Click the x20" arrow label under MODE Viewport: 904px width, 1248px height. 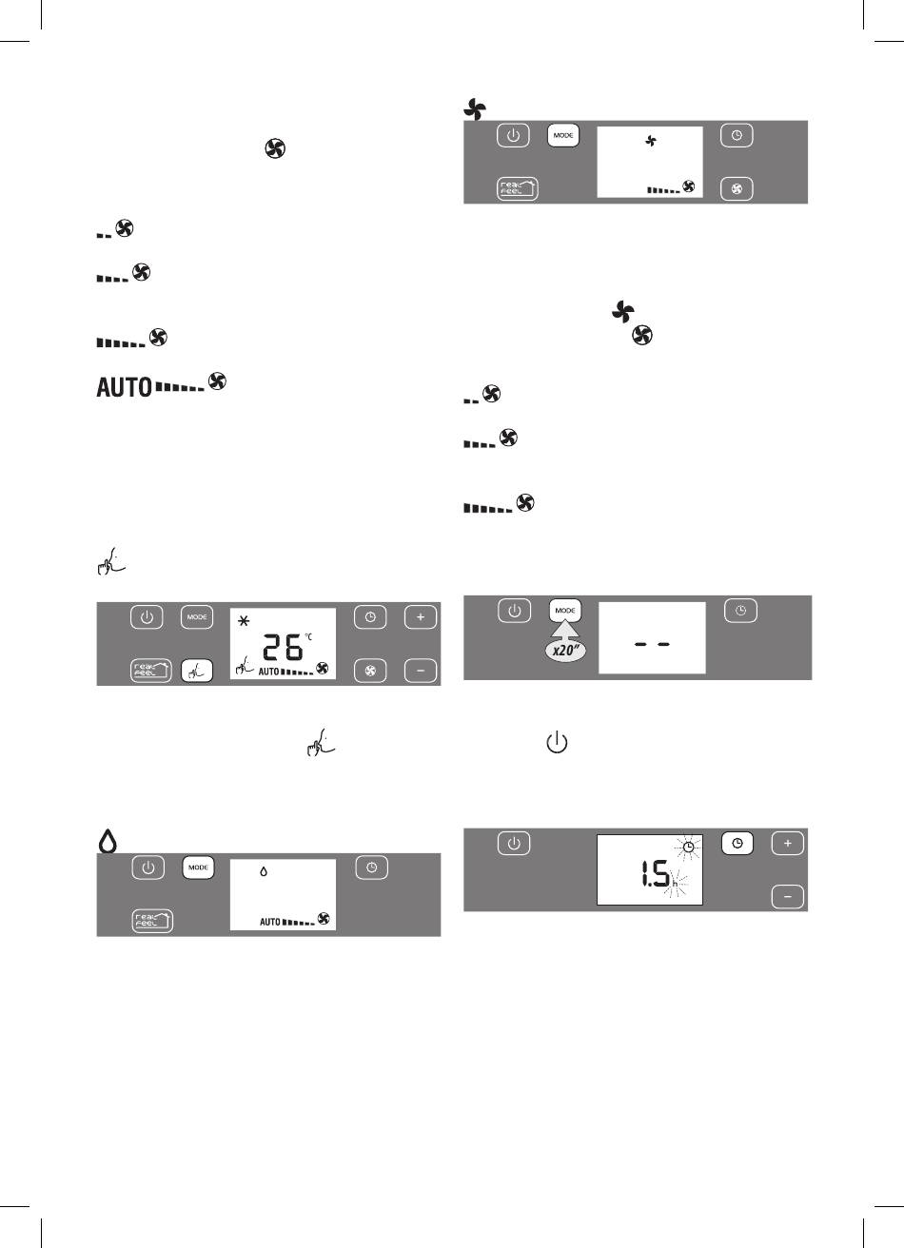tap(565, 651)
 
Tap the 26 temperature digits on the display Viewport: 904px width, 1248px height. tap(283, 648)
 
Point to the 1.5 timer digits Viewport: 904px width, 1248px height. tap(655, 874)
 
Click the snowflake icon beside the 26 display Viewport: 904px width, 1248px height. tap(244, 620)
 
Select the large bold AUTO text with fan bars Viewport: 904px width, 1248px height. tap(125, 387)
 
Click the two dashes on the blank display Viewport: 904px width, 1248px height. tap(652, 644)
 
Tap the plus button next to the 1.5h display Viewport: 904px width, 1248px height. tap(788, 844)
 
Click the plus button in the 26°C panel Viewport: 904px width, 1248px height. tap(421, 617)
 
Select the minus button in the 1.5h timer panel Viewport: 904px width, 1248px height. tap(788, 897)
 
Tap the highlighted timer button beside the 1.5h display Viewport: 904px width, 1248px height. tap(737, 844)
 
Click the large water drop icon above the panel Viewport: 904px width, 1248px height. tap(108, 841)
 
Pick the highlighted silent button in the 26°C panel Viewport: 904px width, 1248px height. tap(197, 672)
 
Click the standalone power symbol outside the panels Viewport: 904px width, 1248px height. tap(557, 743)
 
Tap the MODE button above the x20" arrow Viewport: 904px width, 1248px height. tap(565, 611)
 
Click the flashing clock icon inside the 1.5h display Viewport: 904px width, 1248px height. tap(689, 847)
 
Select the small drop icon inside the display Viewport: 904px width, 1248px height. tap(264, 871)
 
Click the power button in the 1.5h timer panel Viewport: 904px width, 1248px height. tap(514, 844)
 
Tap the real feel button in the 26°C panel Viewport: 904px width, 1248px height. tap(151, 671)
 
